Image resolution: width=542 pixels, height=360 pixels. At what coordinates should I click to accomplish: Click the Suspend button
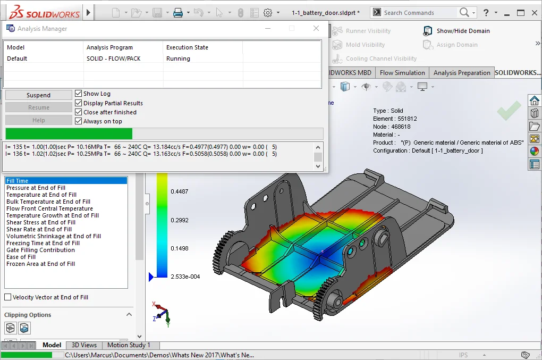(x=38, y=95)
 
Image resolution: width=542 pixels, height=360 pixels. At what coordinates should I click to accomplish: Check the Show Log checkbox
(x=79, y=94)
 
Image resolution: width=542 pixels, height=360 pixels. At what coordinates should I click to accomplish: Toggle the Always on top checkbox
(x=79, y=121)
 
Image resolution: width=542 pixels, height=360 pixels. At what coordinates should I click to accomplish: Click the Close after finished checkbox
(x=79, y=112)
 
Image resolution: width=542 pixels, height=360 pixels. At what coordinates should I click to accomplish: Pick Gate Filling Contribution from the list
(x=40, y=250)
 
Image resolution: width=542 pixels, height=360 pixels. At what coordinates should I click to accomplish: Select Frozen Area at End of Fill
(x=40, y=264)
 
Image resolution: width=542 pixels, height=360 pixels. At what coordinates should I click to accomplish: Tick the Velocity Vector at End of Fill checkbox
(x=7, y=297)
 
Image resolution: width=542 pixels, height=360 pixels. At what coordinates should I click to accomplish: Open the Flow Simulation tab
(x=402, y=73)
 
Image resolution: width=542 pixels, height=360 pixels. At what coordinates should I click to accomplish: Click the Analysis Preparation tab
(x=461, y=73)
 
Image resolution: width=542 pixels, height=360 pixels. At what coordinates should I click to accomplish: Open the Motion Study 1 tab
(x=129, y=345)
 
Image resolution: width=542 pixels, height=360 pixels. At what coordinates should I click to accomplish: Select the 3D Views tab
(x=84, y=345)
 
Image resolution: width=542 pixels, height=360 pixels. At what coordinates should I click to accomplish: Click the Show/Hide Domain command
(x=463, y=31)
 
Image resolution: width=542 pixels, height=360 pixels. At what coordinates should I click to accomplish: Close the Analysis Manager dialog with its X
(x=316, y=29)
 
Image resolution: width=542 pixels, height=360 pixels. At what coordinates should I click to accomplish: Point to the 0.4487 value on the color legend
(x=179, y=191)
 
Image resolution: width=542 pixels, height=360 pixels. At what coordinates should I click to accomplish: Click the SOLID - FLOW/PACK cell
(x=114, y=58)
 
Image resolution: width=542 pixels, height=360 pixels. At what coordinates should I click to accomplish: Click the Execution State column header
(x=187, y=47)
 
